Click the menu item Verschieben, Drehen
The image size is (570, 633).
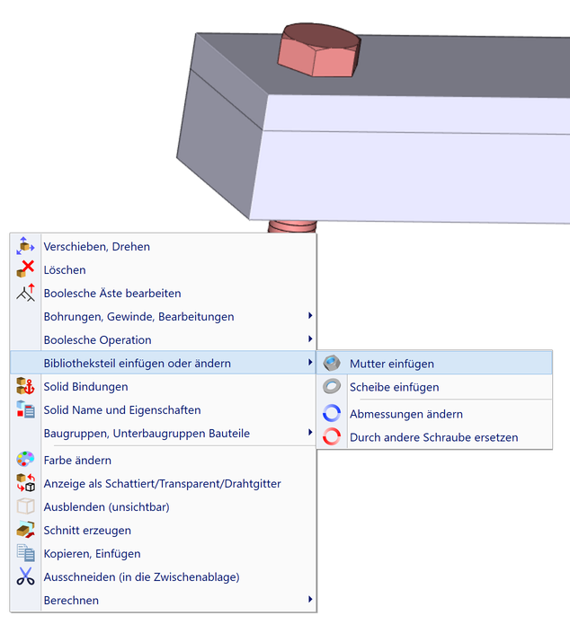tap(96, 246)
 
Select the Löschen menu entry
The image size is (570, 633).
tap(65, 269)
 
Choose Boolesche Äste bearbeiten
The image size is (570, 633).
tap(112, 293)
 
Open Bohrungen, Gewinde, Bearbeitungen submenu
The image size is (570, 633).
tap(138, 316)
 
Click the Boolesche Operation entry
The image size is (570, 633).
tap(97, 339)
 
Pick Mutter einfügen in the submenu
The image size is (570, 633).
tap(391, 364)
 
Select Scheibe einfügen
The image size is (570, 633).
tap(394, 387)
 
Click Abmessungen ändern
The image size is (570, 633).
tap(405, 414)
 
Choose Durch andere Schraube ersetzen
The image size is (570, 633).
tap(433, 437)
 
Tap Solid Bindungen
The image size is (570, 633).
tap(85, 386)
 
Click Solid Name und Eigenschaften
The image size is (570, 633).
tap(121, 409)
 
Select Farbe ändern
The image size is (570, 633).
tap(77, 460)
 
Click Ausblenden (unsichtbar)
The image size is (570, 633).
tap(106, 506)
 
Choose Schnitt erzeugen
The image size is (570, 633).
tap(87, 530)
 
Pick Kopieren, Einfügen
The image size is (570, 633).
tap(92, 553)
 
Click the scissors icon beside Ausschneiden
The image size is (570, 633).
tap(25, 576)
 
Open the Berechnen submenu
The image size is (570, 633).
tap(71, 600)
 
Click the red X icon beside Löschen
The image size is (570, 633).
tap(25, 269)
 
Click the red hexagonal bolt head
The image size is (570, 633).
tap(319, 50)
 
